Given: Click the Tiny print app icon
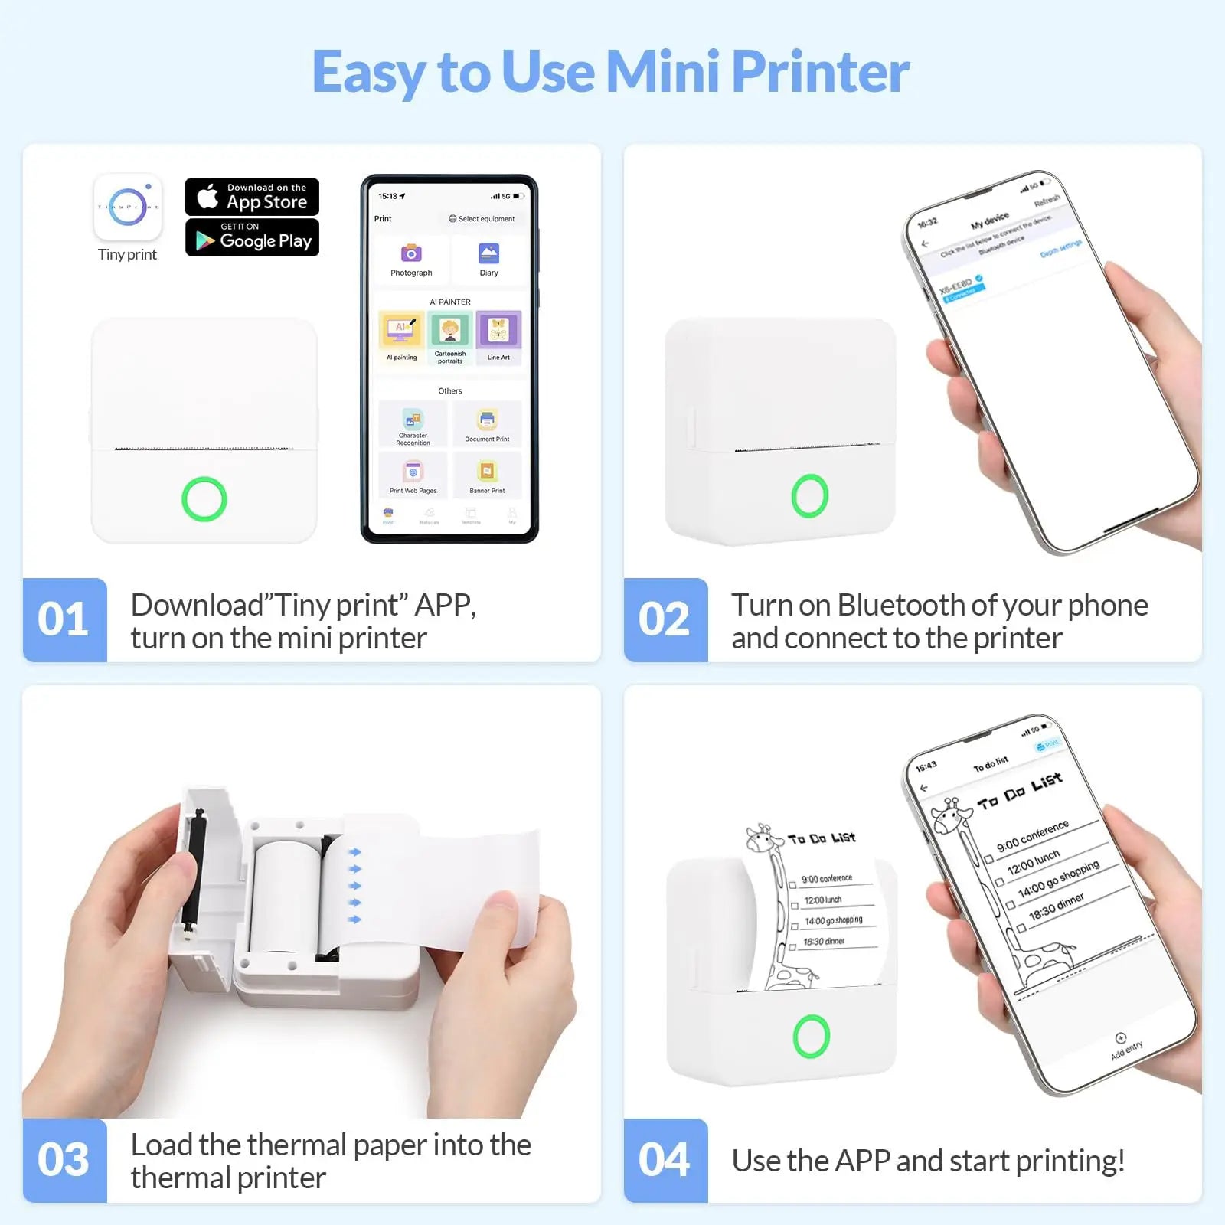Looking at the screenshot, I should pyautogui.click(x=128, y=207).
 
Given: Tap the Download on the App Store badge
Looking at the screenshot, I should pyautogui.click(x=252, y=197).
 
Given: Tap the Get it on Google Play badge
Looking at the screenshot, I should pyautogui.click(x=252, y=237).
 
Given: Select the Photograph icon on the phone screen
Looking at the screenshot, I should pyautogui.click(x=411, y=254).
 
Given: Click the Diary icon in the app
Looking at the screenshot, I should pyautogui.click(x=488, y=254).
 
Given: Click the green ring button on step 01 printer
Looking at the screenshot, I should pyautogui.click(x=204, y=499).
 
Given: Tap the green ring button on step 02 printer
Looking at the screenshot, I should pyautogui.click(x=810, y=495).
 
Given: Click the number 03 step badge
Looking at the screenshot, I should pyautogui.click(x=64, y=1159).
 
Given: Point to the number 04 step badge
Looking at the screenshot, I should pyautogui.click(x=665, y=1159).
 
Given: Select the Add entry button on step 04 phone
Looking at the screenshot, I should pyautogui.click(x=1124, y=1046).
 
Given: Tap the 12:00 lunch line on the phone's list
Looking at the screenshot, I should pyautogui.click(x=1034, y=862).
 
